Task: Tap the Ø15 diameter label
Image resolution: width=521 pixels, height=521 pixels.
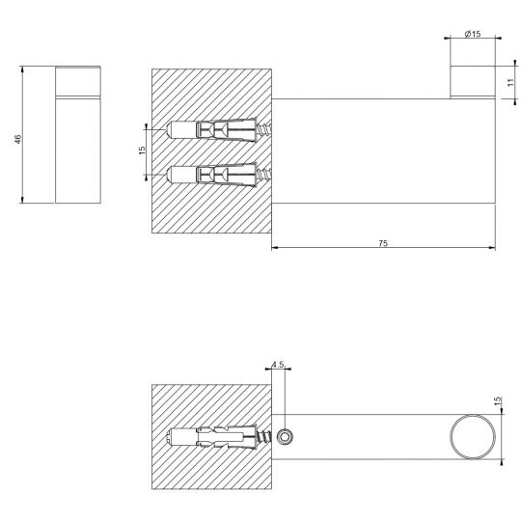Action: click(x=473, y=34)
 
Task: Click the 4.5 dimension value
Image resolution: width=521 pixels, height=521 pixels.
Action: click(x=278, y=365)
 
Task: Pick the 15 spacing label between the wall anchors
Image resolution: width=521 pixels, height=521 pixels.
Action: click(x=140, y=151)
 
